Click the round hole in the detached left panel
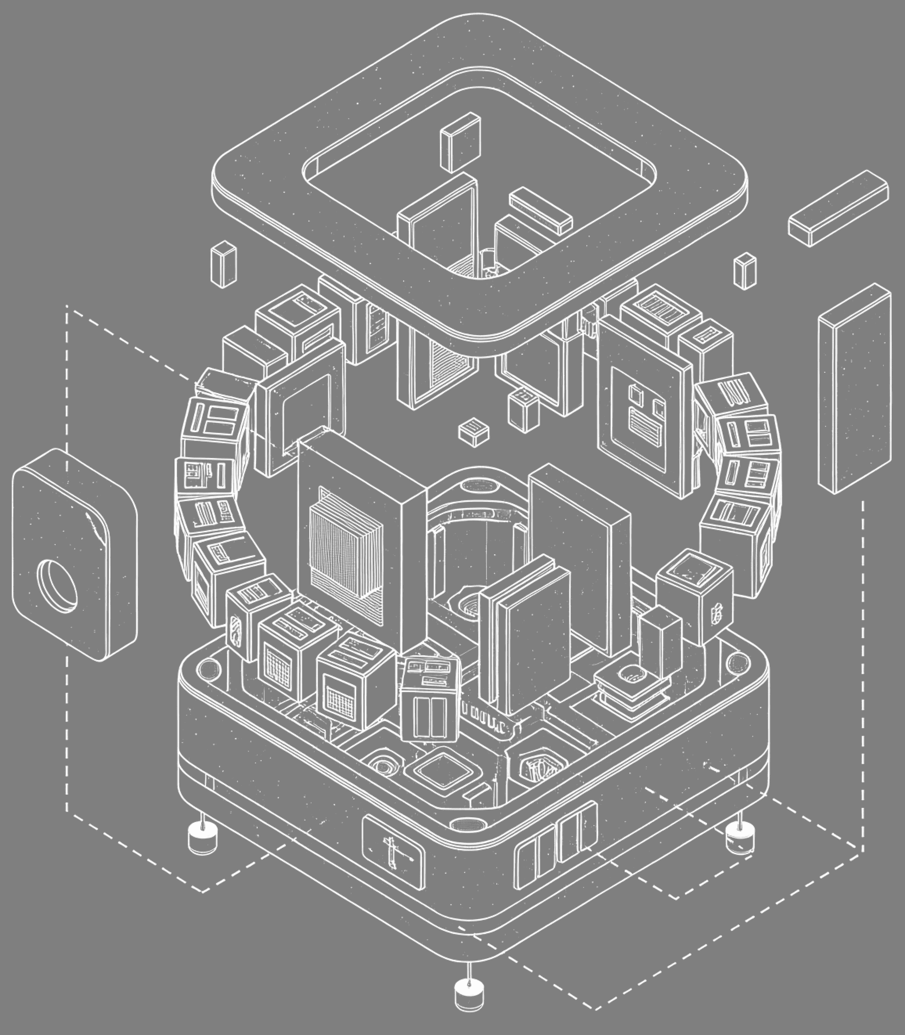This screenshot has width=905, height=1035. pyautogui.click(x=58, y=585)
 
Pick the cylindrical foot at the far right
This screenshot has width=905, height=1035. pyautogui.click(x=741, y=838)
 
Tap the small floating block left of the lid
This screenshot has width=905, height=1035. pyautogui.click(x=223, y=264)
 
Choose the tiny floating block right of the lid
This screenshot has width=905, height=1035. pyautogui.click(x=745, y=271)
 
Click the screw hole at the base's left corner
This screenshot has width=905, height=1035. pyautogui.click(x=208, y=669)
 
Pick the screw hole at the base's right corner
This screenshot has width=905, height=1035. pyautogui.click(x=736, y=661)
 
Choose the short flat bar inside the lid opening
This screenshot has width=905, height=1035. pyautogui.click(x=540, y=210)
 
